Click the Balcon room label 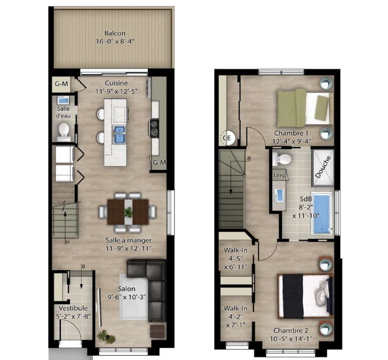(x=115, y=33)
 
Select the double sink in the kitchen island (x=119, y=135)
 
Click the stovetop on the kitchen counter (x=154, y=128)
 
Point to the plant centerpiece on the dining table (x=129, y=213)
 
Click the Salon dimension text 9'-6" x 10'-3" (x=127, y=296)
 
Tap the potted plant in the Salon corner (x=106, y=337)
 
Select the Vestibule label (x=73, y=308)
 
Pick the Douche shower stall (x=323, y=168)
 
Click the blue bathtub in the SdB (x=322, y=214)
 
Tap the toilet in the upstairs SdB (x=282, y=159)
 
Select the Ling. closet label (x=280, y=175)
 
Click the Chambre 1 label (x=291, y=133)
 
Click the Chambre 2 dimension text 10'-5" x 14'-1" (x=291, y=339)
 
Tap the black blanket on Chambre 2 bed (x=293, y=296)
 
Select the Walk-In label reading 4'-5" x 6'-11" (x=236, y=259)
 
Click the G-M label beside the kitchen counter (x=159, y=162)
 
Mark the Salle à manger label (x=129, y=240)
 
